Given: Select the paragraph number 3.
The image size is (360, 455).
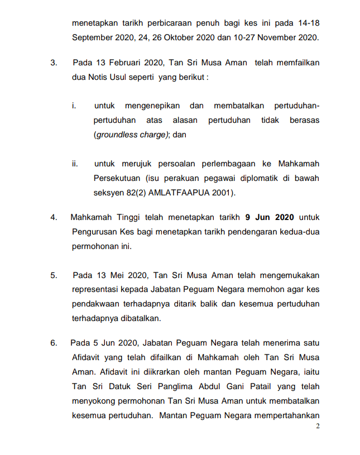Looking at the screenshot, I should tap(54, 63).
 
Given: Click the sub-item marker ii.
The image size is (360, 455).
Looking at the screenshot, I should tap(74, 164).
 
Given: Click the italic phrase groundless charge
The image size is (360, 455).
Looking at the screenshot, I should tap(131, 135).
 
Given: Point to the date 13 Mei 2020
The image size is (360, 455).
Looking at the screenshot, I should tap(112, 275).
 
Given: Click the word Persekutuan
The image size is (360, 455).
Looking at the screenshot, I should tap(116, 179).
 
